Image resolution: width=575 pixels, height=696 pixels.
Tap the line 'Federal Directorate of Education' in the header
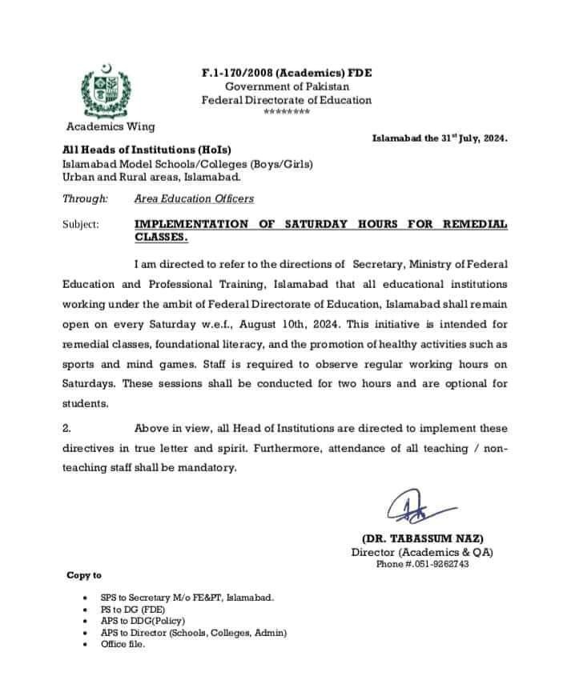point(286,100)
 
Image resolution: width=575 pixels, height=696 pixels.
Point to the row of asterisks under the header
point(286,112)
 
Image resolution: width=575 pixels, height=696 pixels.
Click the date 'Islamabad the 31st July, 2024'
point(440,138)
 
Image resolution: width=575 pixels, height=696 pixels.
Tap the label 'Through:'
point(85,198)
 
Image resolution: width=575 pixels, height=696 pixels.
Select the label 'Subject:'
point(81,225)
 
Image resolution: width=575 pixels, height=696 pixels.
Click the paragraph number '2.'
point(67,429)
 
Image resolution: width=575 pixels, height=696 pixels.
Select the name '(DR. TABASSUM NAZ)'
point(422,539)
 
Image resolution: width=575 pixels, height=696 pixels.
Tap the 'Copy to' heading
point(84,575)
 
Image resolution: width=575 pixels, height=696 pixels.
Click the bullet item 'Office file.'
point(123,644)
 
